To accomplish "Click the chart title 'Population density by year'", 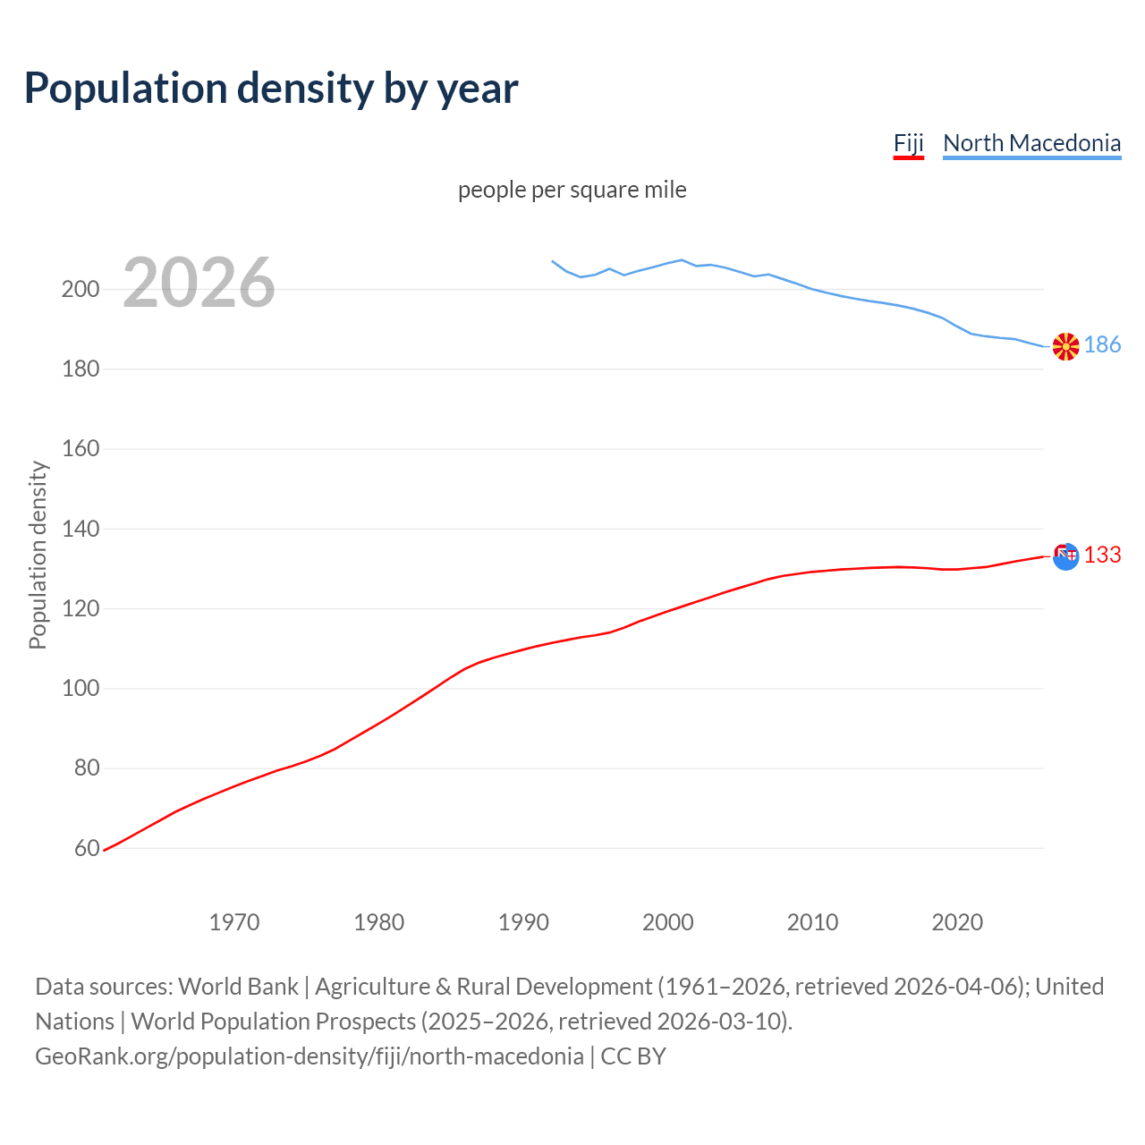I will pyautogui.click(x=271, y=88).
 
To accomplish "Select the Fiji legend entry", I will pyautogui.click(x=908, y=143).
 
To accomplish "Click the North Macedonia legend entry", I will pyautogui.click(x=1031, y=143).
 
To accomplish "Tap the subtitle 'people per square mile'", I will pyautogui.click(x=572, y=190).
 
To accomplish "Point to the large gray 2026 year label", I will pyautogui.click(x=199, y=283).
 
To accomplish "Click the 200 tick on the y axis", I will pyautogui.click(x=80, y=289).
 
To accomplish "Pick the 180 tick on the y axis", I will pyautogui.click(x=80, y=369).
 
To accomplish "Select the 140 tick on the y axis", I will pyautogui.click(x=80, y=529).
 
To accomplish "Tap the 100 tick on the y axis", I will pyautogui.click(x=80, y=689).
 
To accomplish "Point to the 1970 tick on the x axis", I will pyautogui.click(x=234, y=922).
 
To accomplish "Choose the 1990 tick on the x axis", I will pyautogui.click(x=523, y=922).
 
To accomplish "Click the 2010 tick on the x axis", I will pyautogui.click(x=812, y=922).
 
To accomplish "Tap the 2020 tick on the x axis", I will pyautogui.click(x=957, y=922).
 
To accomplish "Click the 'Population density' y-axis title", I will pyautogui.click(x=38, y=555).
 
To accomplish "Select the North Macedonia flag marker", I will pyautogui.click(x=1065, y=346).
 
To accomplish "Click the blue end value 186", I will pyautogui.click(x=1102, y=345).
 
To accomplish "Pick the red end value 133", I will pyautogui.click(x=1102, y=556).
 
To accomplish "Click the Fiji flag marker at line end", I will pyautogui.click(x=1065, y=556).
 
